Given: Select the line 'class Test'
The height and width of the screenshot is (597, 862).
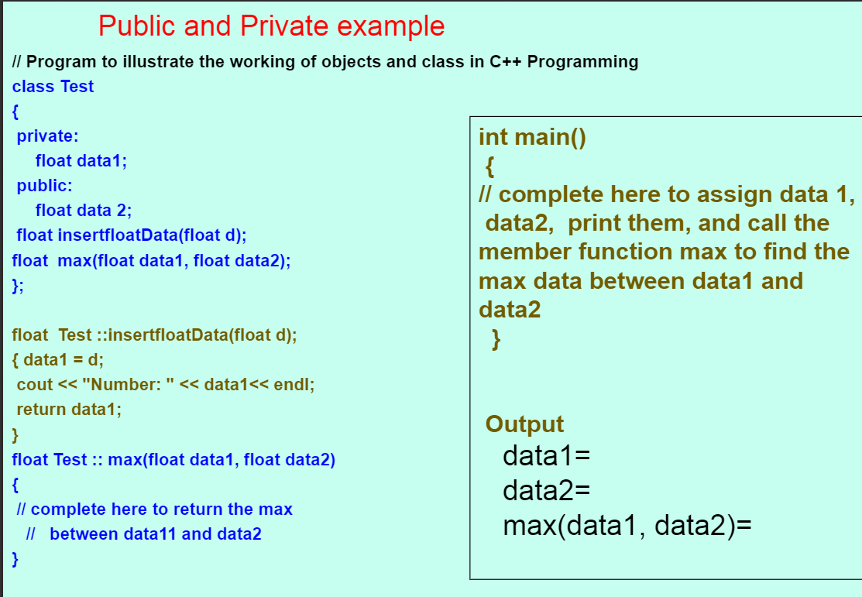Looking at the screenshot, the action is (x=53, y=86).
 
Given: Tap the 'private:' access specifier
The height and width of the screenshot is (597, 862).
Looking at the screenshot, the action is (x=47, y=136).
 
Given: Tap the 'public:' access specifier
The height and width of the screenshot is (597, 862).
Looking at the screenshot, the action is (x=44, y=186).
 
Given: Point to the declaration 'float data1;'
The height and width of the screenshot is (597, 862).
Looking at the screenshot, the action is (x=81, y=160).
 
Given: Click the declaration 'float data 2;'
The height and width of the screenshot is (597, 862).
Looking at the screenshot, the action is (x=84, y=210).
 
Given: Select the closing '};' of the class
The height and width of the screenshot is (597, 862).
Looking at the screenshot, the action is (x=18, y=286).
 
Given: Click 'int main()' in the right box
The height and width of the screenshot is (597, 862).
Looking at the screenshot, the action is (x=532, y=137).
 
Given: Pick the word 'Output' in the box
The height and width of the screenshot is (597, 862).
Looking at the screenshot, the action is (x=524, y=424).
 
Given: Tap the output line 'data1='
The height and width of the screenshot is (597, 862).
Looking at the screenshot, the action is (x=547, y=456).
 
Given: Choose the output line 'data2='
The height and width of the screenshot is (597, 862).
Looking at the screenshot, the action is (x=547, y=490).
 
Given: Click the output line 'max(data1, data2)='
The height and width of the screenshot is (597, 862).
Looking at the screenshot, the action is (x=627, y=525).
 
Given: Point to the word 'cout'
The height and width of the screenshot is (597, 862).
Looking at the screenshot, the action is (x=35, y=384).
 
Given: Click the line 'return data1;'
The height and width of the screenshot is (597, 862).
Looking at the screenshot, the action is (x=69, y=409).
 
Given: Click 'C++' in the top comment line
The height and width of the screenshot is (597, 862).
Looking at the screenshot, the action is (x=505, y=62).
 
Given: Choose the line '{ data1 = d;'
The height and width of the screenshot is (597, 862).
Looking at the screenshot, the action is (x=58, y=359).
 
